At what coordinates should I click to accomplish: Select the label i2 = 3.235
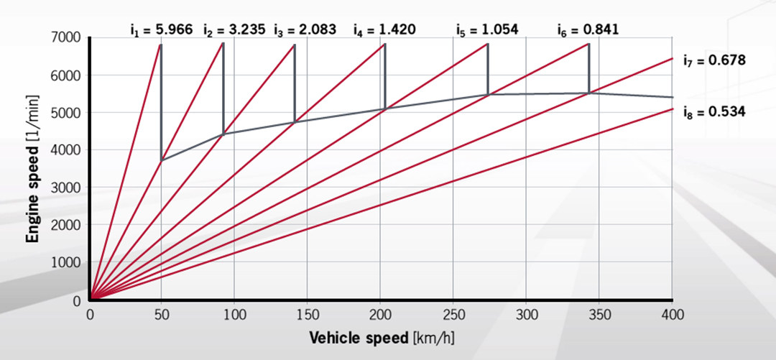pos(234,29)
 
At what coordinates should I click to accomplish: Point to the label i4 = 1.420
pos(385,29)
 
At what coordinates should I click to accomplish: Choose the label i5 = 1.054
pos(487,29)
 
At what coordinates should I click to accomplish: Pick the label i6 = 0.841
pos(588,29)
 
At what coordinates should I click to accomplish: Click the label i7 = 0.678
pos(715,60)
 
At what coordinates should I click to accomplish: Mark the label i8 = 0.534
pos(715,111)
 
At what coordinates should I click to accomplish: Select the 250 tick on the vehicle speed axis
pos(453,315)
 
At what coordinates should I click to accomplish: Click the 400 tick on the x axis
pos(672,315)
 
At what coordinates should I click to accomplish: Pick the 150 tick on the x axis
pos(308,315)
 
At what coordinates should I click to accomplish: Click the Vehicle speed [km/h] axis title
pos(381,337)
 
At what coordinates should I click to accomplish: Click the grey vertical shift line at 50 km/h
pos(161,101)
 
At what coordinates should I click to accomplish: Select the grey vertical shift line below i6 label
pos(589,68)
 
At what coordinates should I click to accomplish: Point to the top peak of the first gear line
pos(160,45)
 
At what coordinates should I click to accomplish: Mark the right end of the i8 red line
pos(672,109)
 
